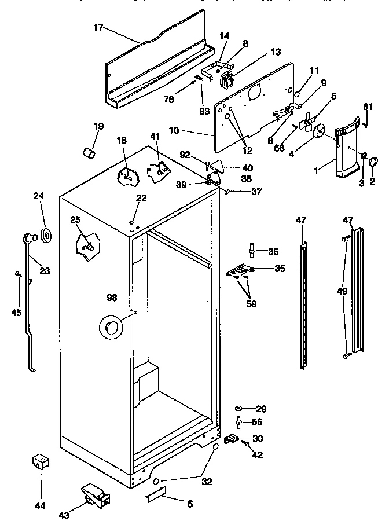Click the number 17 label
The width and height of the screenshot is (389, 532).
tap(98, 27)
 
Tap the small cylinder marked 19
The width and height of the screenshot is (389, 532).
tap(88, 152)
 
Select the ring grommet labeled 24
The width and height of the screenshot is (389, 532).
tap(45, 234)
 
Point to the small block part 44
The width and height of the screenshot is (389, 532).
tap(40, 463)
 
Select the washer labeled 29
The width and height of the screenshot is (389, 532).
tap(240, 408)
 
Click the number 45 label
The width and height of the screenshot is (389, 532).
tap(16, 313)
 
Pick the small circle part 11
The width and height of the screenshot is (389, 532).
tap(296, 94)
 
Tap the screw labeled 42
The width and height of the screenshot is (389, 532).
tap(246, 444)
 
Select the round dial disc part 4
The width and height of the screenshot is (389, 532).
tap(320, 133)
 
